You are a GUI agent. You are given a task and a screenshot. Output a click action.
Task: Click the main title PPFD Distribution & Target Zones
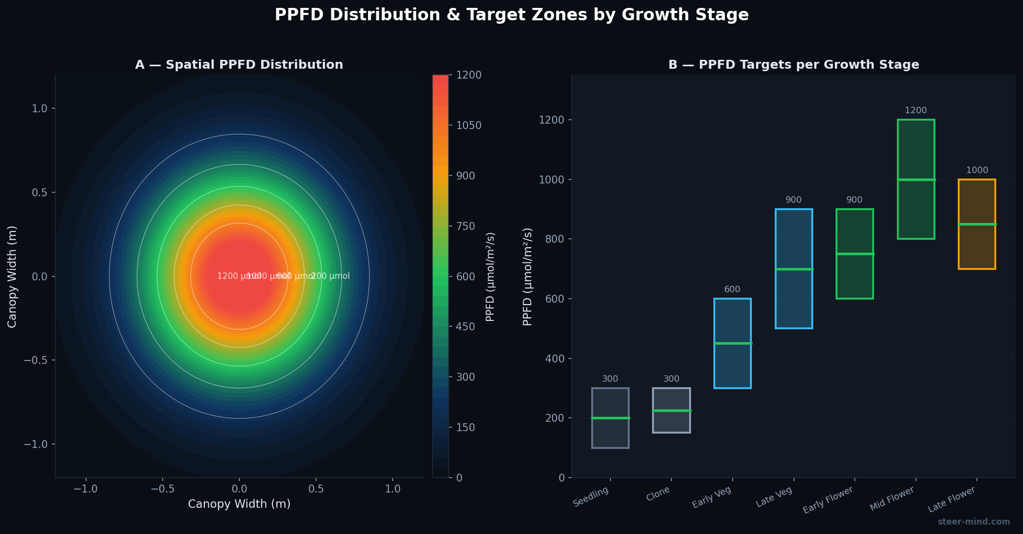click(511, 15)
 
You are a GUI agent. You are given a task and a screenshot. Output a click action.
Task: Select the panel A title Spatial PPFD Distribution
click(239, 65)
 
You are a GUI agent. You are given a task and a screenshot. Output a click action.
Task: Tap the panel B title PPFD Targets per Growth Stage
click(793, 65)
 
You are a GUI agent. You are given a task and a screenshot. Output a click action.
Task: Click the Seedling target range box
click(610, 433)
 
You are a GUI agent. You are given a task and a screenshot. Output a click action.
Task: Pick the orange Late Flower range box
click(976, 247)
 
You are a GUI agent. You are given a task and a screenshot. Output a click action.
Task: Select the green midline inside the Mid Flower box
click(916, 179)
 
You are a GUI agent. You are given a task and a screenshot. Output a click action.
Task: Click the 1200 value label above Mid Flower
click(916, 111)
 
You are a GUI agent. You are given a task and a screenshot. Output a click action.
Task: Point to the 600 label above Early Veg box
click(732, 290)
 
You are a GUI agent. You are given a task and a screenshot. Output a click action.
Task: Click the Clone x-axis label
click(658, 494)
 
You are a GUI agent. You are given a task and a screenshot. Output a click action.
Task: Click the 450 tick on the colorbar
click(465, 327)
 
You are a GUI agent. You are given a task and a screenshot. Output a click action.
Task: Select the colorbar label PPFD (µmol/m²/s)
click(490, 276)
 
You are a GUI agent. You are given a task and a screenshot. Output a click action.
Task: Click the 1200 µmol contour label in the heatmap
click(232, 276)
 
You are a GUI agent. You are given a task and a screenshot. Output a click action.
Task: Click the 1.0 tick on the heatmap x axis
click(392, 489)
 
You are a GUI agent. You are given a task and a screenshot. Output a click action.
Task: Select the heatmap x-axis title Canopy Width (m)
click(239, 504)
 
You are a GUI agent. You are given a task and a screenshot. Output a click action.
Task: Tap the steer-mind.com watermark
click(974, 522)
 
